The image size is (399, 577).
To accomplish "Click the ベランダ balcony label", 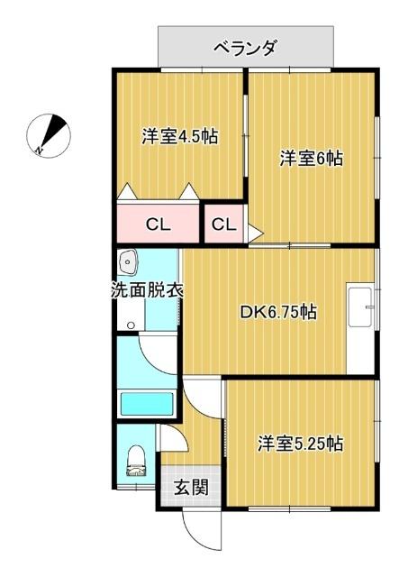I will coord(245,47).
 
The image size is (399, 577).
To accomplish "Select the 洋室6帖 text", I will coord(310,159).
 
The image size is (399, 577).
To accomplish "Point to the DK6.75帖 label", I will coord(277,313).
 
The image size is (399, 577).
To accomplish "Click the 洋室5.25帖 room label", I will coord(301,444).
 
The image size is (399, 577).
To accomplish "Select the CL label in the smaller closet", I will coord(223,224).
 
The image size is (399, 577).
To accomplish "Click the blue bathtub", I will coord(147,402).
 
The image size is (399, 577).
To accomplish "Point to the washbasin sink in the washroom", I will coord(129,263).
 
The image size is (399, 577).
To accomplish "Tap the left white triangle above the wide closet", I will coord(126,192).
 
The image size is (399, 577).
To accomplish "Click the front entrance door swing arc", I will coord(200,532).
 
